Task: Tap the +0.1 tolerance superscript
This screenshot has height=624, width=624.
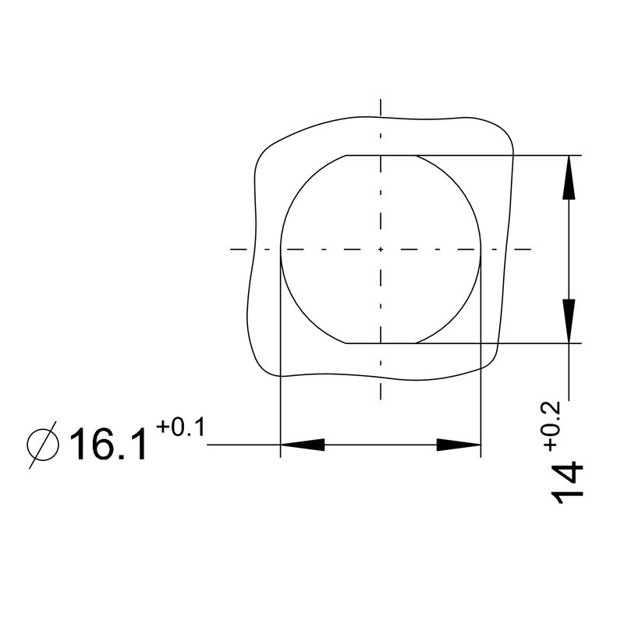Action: pos(179,427)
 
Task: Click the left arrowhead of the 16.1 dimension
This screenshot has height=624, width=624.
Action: pos(302,445)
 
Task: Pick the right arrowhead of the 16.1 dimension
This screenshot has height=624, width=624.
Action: pos(459,445)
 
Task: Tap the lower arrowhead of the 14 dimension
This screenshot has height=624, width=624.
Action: pos(571,320)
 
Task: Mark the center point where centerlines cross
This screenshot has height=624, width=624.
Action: pos(381,250)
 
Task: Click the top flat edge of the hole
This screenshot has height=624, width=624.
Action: pos(381,155)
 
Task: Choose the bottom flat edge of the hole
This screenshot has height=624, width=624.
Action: pos(381,342)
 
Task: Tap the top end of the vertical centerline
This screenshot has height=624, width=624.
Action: pos(381,101)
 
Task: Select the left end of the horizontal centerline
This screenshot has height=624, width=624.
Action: pos(232,250)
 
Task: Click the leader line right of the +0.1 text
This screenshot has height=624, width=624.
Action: pos(242,445)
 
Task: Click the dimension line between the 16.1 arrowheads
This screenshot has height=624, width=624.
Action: pos(381,445)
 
